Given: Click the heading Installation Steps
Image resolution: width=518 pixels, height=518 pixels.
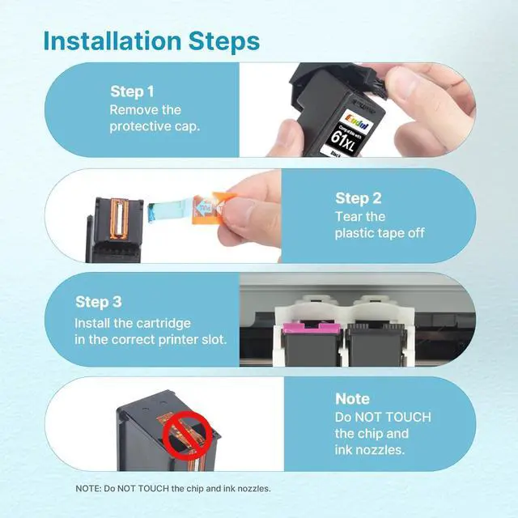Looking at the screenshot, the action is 151,41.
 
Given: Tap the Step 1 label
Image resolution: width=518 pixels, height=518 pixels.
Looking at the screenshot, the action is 132,91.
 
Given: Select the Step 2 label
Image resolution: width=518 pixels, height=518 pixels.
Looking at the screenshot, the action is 359,198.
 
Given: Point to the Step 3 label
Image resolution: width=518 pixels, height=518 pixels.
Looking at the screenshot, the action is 99,302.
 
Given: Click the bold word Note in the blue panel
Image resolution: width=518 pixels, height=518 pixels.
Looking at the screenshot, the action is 352,399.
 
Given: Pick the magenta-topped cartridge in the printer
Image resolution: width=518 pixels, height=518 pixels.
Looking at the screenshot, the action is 311,343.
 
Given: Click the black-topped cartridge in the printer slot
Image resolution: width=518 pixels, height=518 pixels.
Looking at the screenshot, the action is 376,344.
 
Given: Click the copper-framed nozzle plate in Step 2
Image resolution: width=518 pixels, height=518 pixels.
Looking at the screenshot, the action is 119,219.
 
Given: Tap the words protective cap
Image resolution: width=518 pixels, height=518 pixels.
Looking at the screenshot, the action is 155,126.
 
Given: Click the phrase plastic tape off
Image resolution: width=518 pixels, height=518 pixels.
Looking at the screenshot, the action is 380,233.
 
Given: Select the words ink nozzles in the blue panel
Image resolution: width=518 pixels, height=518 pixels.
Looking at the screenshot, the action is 370,450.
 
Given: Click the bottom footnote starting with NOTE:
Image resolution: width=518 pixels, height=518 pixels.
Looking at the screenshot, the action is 173,488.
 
